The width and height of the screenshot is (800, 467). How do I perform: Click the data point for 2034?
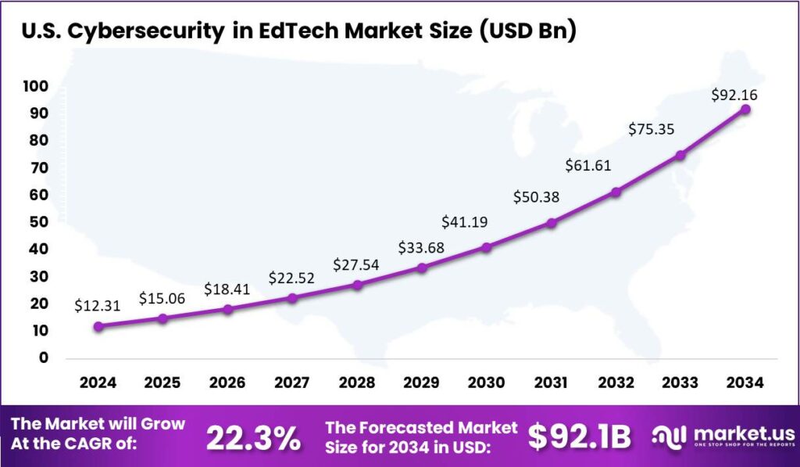745,109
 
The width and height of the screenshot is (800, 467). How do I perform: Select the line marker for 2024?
98,326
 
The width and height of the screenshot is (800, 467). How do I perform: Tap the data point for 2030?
486,247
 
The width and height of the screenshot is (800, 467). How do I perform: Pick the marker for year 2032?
616,192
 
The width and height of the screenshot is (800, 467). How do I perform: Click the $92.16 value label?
734,95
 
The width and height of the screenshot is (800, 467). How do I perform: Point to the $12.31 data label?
98,306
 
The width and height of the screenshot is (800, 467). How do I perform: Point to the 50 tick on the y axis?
38,222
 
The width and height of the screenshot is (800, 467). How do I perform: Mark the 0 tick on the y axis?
43,358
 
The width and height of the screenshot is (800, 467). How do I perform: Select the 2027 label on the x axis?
292,383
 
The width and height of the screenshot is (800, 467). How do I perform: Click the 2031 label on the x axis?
551,383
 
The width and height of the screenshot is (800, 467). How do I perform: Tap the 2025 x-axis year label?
162,383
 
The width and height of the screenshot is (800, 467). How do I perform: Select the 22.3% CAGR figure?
253,438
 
